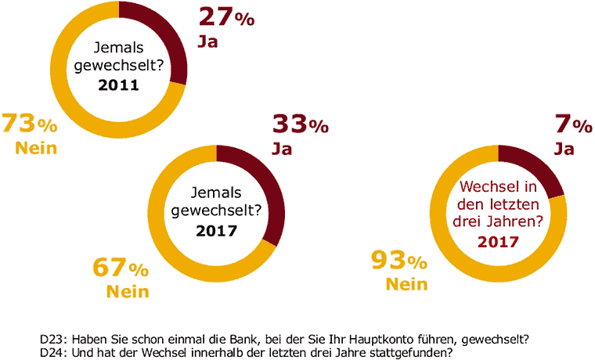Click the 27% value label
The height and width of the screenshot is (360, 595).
225,16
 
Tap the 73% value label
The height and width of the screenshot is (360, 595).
29,124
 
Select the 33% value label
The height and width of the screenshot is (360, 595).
300,124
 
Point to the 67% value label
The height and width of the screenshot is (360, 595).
121,268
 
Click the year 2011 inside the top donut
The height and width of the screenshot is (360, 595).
118,85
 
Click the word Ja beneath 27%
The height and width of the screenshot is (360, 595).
207,41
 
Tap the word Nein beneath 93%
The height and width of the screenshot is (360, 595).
406,283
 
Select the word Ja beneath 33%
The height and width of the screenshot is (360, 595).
282,149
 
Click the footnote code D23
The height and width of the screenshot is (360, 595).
52,339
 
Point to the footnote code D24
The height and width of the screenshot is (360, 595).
52,351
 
